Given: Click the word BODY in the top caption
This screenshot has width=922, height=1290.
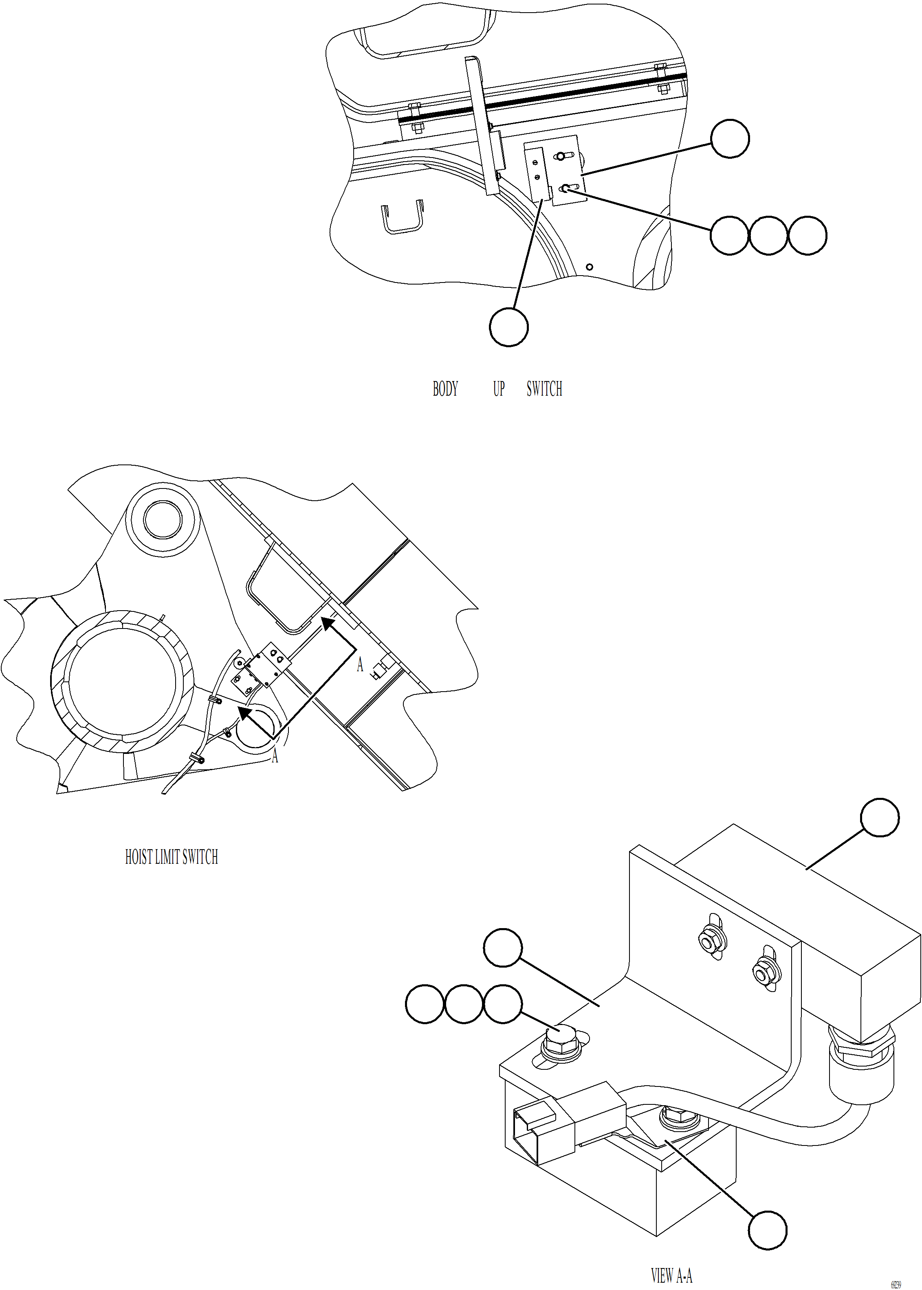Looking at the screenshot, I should [445, 389].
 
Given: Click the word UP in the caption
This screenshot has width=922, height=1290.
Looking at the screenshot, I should [498, 389].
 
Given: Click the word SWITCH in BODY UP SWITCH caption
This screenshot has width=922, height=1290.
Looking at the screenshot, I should [544, 389].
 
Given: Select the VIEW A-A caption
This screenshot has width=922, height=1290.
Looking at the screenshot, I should [671, 1276].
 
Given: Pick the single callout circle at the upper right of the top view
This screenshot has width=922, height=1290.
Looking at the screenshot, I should [730, 138].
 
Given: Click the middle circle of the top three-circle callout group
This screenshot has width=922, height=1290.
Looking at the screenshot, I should [768, 235].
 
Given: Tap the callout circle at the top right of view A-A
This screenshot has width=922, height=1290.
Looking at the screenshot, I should [879, 817].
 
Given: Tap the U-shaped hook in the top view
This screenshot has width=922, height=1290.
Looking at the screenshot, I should [402, 218].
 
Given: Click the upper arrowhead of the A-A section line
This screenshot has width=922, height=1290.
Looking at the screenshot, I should [328, 624].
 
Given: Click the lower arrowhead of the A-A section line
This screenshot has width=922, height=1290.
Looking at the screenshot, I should [245, 714].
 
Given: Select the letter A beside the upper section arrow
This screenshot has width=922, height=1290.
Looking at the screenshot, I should [359, 665].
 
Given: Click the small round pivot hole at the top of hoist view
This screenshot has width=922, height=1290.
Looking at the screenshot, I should [163, 520].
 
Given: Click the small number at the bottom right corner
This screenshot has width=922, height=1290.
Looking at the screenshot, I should [896, 1284].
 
